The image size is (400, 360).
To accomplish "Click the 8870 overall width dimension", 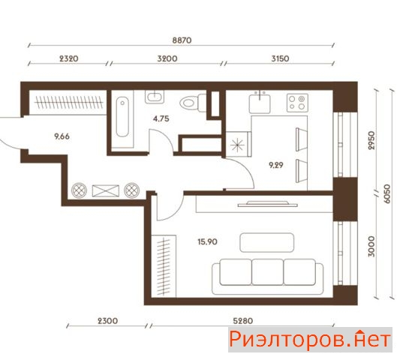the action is pos(182,40).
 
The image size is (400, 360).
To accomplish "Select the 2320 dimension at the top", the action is pos(69,58).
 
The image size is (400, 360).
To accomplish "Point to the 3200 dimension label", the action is pos(167,58).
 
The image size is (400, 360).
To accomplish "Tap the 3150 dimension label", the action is pos(280,58).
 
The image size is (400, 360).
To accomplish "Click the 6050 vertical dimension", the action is pos(387,193).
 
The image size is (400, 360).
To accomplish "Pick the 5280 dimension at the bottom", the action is pos(243,321).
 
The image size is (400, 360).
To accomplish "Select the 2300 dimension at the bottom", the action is pos(108,321).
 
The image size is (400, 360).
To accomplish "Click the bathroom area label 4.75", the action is pos(161,118).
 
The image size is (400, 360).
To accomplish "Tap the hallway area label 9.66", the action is pos(62,136).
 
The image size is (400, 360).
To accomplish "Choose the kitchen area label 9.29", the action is pos(276,165).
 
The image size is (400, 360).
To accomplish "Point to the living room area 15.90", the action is pos(208,241).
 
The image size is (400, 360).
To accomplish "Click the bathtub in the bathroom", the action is pos(122,117).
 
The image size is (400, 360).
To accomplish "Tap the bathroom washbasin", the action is pos(155,97).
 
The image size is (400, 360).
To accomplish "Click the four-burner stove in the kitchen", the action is pos(297,103).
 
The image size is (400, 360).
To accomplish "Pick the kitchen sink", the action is pos(260,102).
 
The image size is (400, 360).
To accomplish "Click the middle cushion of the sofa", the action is pos(268,271).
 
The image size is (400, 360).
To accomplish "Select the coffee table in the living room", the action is pos(267,242).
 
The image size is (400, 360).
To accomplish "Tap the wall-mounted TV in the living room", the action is pos(268,204).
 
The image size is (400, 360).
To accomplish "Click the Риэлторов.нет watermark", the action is pos(310,340).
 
